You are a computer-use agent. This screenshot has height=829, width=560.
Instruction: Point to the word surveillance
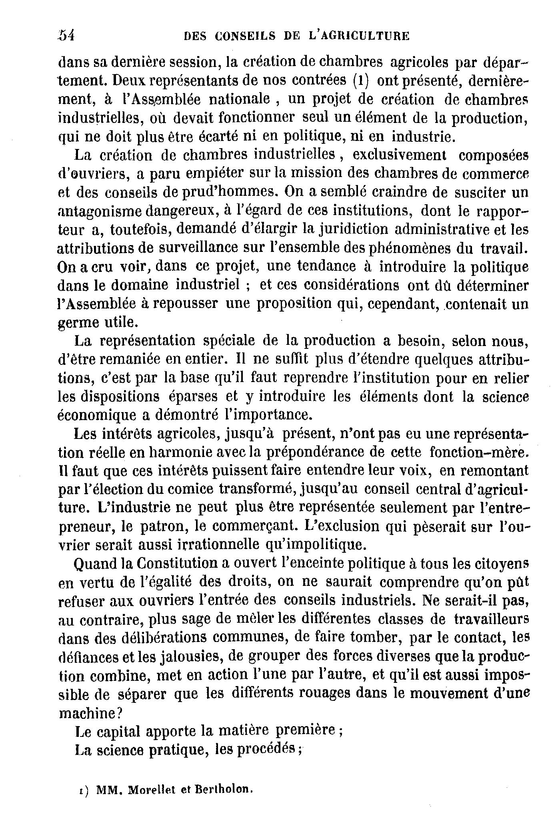point(196,248)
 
